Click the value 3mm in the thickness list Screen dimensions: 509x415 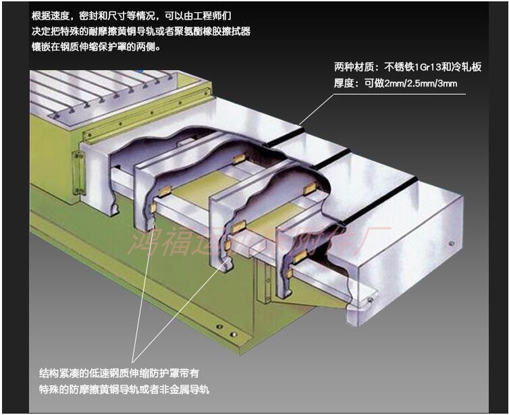tap(448, 84)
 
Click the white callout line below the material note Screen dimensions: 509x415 tap(318, 109)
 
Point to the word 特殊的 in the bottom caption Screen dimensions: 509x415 tap(55, 389)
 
